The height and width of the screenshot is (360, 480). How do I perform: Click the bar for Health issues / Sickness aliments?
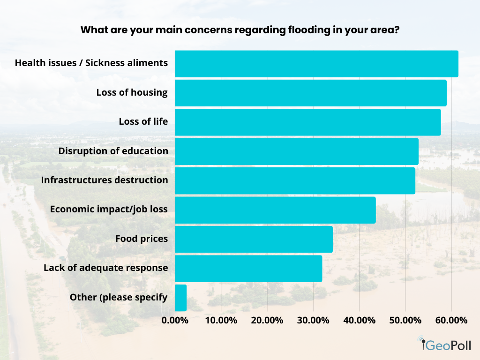point(316,64)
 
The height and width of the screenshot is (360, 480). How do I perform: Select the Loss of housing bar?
point(310,93)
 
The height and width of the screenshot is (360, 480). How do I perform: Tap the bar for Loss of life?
point(307,122)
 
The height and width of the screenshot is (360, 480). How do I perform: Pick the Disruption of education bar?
point(296,151)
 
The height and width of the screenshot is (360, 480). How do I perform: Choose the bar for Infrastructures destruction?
point(295,180)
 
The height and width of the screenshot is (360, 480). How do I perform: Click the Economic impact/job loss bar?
point(275,210)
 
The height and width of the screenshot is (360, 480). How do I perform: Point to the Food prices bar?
point(254,239)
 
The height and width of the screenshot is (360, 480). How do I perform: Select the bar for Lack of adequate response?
point(248,269)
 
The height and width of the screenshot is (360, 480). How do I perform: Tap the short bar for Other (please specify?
point(180,298)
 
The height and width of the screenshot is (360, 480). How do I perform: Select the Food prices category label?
point(141,239)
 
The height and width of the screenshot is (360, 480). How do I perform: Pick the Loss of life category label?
point(143,122)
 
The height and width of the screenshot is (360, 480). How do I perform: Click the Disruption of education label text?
point(113,151)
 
